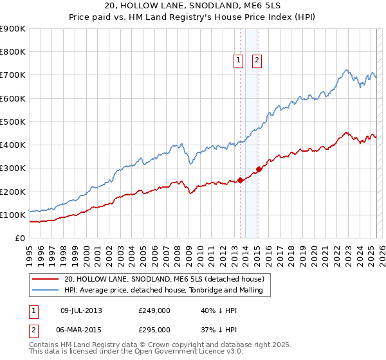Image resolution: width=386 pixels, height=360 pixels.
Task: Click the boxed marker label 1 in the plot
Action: [238, 60]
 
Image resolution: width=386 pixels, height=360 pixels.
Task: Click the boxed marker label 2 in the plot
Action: [257, 60]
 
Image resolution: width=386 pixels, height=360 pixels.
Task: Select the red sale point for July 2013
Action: [240, 180]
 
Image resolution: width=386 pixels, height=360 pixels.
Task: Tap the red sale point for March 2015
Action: [259, 170]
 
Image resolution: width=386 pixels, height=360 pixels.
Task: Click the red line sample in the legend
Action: [45, 279]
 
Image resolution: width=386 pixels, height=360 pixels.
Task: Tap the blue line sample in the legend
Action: [45, 290]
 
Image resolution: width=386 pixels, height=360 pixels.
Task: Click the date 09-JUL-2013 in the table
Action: [81, 310]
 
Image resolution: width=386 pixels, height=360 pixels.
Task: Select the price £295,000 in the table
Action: [154, 329]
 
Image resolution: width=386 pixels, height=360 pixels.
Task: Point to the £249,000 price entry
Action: [154, 310]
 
